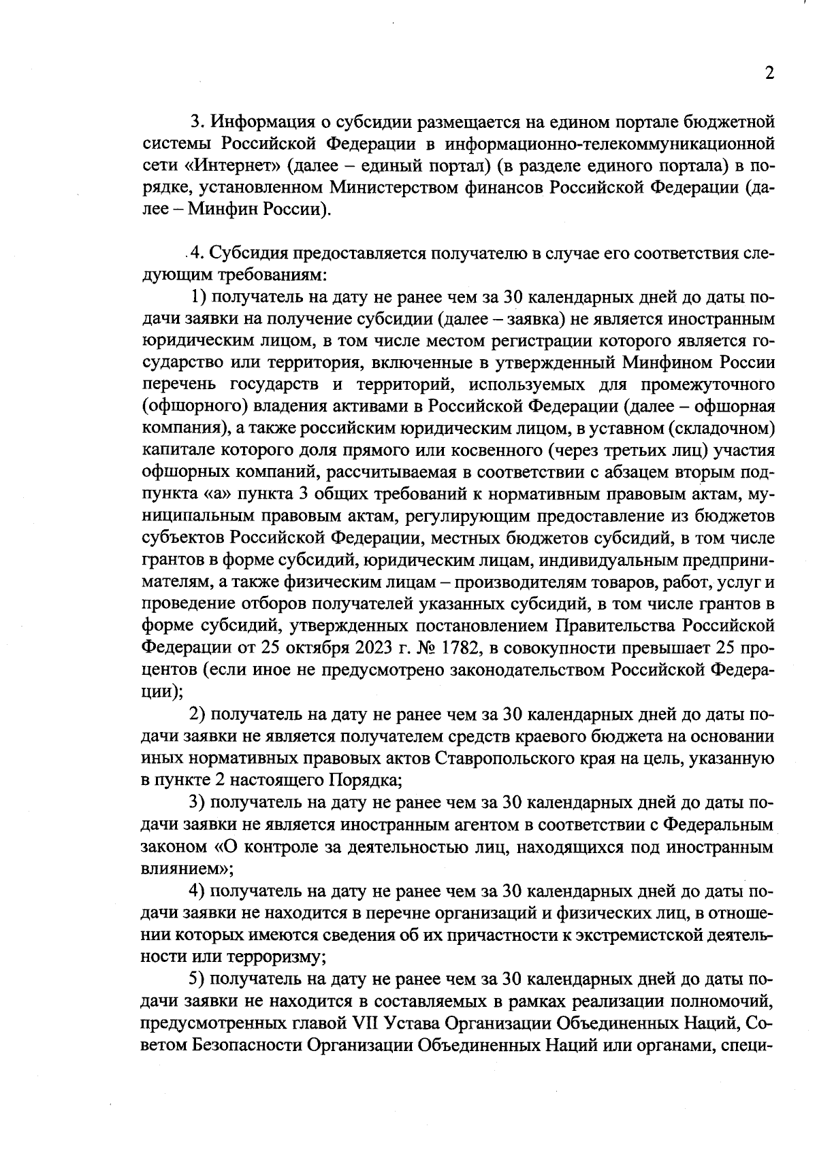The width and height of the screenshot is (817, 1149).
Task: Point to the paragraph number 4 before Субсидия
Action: [x=197, y=253]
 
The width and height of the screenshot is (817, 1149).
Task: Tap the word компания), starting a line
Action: [x=184, y=428]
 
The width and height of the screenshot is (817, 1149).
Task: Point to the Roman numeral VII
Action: [x=366, y=1022]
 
